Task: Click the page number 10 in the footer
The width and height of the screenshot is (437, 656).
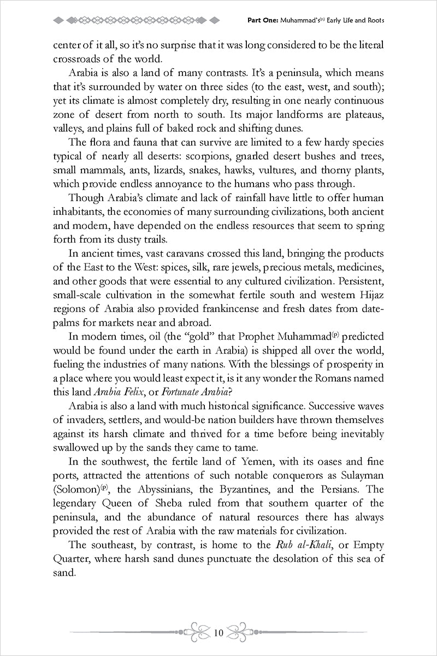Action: [218, 634]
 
